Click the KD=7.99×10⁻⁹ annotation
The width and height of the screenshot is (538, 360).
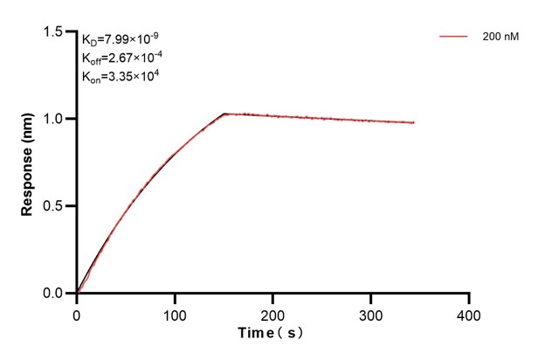121,39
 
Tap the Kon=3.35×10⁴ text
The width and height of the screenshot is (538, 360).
119,77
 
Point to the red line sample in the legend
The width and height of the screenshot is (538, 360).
454,38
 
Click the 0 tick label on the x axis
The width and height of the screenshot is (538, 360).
77,314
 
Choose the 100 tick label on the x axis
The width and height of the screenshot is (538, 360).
175,314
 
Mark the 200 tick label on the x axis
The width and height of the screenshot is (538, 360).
273,314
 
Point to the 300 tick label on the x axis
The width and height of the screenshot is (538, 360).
371,314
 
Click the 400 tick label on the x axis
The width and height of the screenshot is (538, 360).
469,314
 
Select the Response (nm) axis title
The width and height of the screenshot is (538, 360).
28,163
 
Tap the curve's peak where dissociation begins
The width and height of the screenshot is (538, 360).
224,114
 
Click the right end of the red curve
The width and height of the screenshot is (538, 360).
414,122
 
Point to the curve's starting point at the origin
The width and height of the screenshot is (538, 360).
78,294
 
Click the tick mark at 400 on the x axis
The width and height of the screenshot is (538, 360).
470,298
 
